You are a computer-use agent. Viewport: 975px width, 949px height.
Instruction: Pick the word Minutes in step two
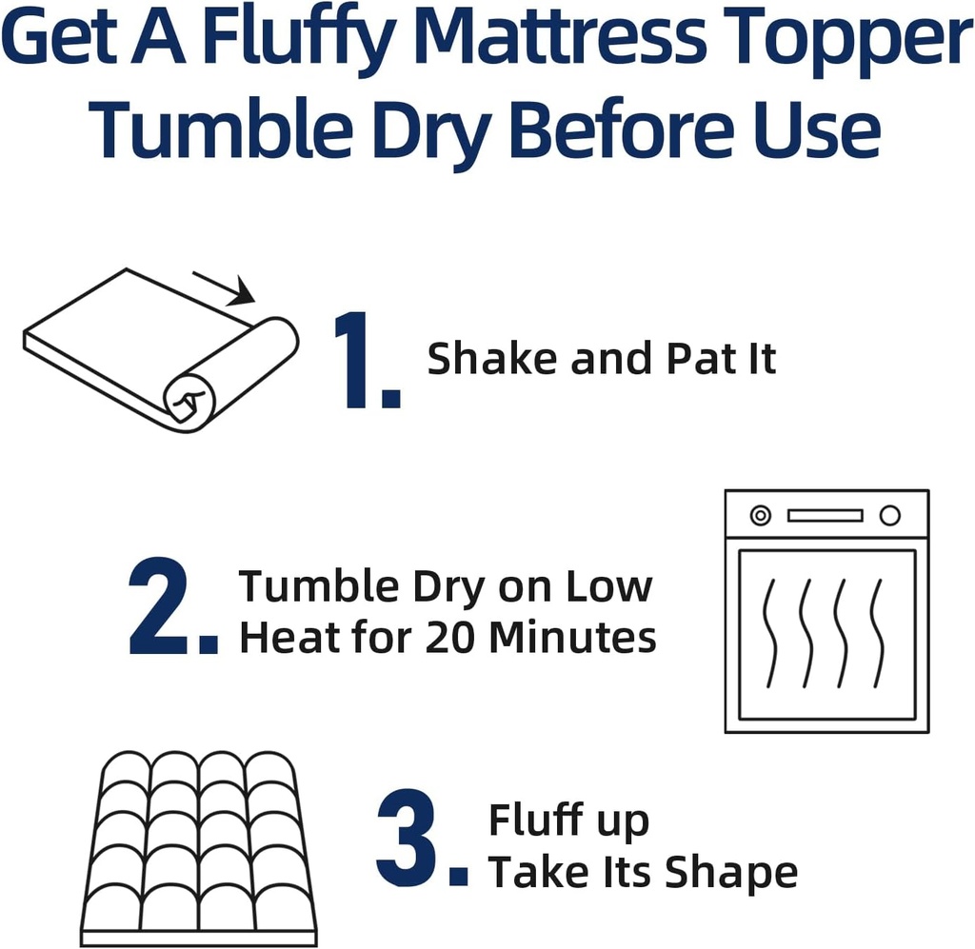coord(572,637)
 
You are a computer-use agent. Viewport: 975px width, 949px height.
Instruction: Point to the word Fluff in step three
coord(541,820)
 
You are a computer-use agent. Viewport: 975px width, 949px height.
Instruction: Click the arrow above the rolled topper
coord(225,287)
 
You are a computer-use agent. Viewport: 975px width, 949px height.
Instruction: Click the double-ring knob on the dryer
coord(760,516)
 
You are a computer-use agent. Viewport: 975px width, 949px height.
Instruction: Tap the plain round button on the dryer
coord(889,516)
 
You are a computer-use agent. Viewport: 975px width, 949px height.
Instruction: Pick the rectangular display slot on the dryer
coord(825,516)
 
